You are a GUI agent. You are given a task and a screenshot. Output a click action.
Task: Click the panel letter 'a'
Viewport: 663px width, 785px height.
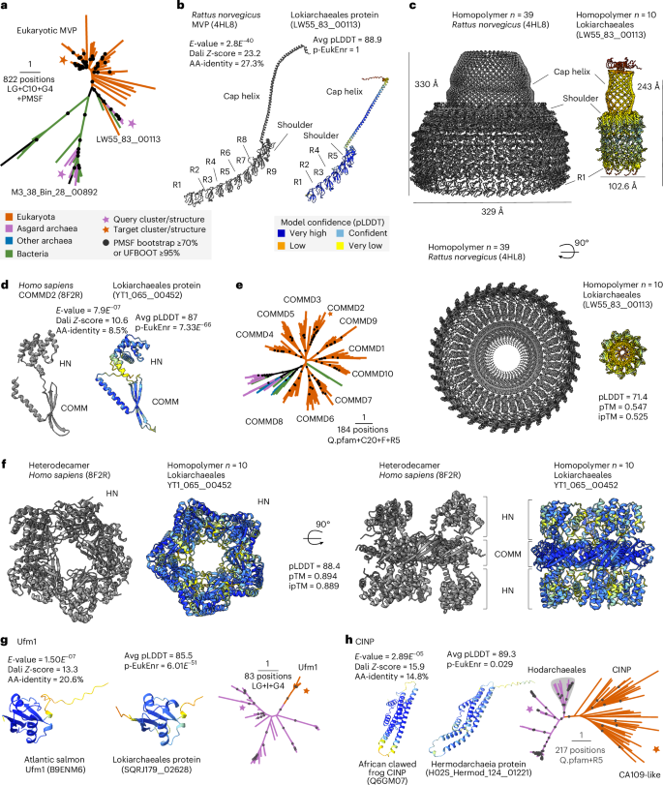7,7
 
